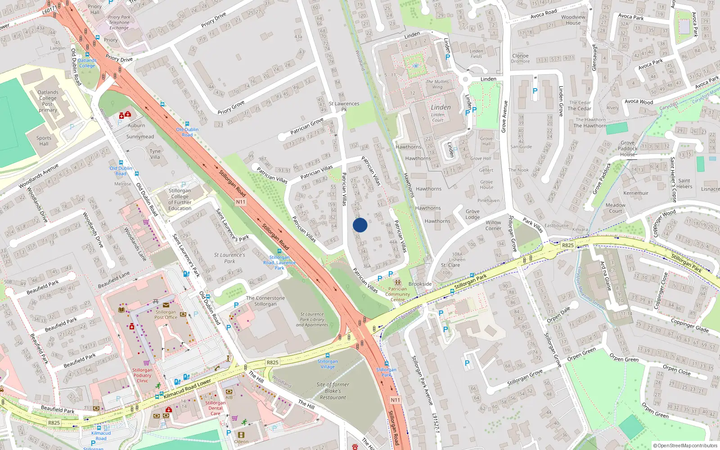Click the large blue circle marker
pyautogui.click(x=360, y=225)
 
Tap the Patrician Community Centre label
pyautogui.click(x=397, y=294)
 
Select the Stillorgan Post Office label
pyautogui.click(x=166, y=315)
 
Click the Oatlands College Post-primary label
pyautogui.click(x=48, y=101)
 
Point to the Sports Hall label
pyautogui.click(x=44, y=141)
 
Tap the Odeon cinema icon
pyautogui.click(x=241, y=435)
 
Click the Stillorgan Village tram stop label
pyautogui.click(x=328, y=364)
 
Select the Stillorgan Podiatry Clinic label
pyautogui.click(x=142, y=375)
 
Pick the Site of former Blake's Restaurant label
pyautogui.click(x=333, y=391)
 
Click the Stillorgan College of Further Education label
pyautogui.click(x=180, y=199)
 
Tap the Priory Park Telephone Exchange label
pyautogui.click(x=119, y=22)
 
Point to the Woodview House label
pyautogui.click(x=573, y=20)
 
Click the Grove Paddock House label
pyautogui.click(x=627, y=148)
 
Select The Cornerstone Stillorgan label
pyautogui.click(x=265, y=301)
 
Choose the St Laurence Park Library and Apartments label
pyautogui.click(x=312, y=319)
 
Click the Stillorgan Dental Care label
pyautogui.click(x=216, y=408)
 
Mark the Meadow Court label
pyautogui.click(x=616, y=208)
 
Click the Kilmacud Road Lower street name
pyautogui.click(x=187, y=389)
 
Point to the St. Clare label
pyautogui.click(x=450, y=265)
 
